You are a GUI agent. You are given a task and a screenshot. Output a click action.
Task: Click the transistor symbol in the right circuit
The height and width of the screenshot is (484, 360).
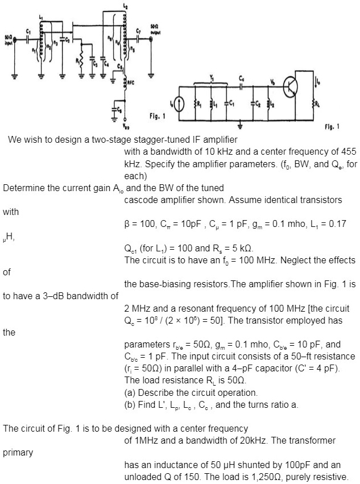(291, 86)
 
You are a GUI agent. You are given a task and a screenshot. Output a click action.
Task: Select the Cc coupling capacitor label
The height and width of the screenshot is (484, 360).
(242, 77)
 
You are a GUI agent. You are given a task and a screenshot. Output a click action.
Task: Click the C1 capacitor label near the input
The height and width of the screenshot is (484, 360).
(28, 31)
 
